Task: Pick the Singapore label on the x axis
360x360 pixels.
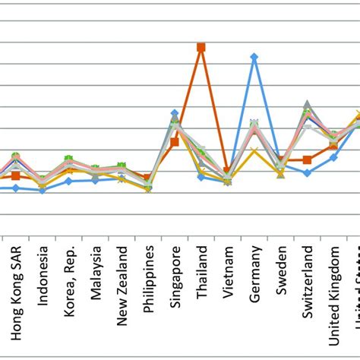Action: pyautogui.click(x=175, y=282)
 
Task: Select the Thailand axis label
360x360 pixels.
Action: pyautogui.click(x=201, y=278)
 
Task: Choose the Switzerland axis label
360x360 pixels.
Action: pyautogui.click(x=307, y=285)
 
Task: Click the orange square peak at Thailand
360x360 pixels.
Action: pyautogui.click(x=201, y=47)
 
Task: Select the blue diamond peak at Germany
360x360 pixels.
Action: pyautogui.click(x=254, y=57)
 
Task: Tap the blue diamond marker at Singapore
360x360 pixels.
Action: pyautogui.click(x=175, y=113)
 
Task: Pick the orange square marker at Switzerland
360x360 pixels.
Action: pyautogui.click(x=307, y=159)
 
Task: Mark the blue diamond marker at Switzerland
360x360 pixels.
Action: pyautogui.click(x=307, y=173)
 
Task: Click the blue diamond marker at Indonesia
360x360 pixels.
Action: pyautogui.click(x=43, y=190)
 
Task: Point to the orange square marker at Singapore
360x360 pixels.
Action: pyautogui.click(x=175, y=142)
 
